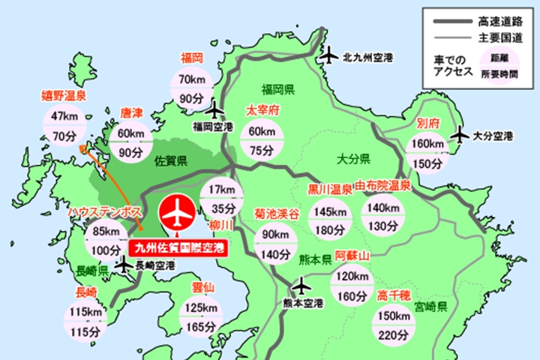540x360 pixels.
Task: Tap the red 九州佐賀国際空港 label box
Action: tap(178, 246)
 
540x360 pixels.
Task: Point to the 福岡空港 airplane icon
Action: tap(215, 109)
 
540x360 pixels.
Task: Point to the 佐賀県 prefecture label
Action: tap(170, 160)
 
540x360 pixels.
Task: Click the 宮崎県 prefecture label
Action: tap(433, 308)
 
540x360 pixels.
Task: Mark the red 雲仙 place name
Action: tap(201, 286)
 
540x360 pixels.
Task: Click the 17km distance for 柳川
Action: tap(221, 189)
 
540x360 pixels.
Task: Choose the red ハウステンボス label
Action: tap(105, 213)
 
